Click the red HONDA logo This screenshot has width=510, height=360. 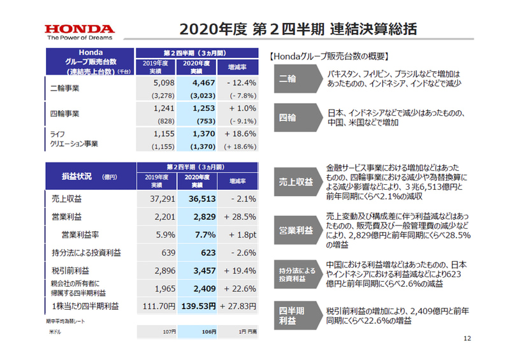pos(80,29)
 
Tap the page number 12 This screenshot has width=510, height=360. pos(467,338)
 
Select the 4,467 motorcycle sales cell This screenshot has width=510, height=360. pos(198,83)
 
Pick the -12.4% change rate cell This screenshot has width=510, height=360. pos(239,83)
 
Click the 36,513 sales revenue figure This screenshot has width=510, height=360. pos(198,199)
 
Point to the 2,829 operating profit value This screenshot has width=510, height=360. pos(198,217)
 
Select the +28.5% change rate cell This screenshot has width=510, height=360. pos(239,217)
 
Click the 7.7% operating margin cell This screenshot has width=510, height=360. pos(198,234)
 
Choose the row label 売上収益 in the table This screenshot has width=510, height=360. pos(65,199)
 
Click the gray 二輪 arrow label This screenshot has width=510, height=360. pos(288,78)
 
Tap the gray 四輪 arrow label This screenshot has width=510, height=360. pos(288,117)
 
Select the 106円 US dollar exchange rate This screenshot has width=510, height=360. pos(198,332)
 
